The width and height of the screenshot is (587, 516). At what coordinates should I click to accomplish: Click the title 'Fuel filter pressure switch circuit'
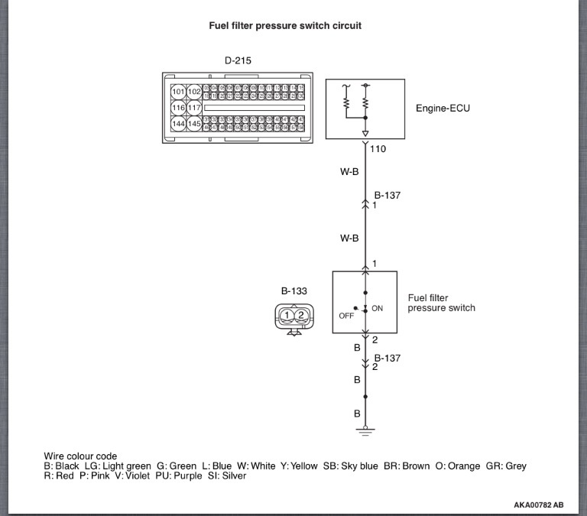tap(285, 25)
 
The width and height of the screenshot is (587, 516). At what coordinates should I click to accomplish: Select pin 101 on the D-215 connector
tap(178, 92)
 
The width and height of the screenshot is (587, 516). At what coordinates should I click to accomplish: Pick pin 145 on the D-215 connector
tap(194, 123)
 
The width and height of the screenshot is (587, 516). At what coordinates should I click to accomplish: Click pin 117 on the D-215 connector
tap(194, 108)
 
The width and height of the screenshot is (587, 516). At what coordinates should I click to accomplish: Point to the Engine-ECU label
tap(443, 108)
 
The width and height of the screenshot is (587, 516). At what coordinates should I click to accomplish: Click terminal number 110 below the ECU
tap(378, 149)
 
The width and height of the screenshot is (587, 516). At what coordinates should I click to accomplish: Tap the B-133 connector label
tap(293, 291)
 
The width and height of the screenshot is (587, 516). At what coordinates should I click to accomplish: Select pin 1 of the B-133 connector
tap(286, 315)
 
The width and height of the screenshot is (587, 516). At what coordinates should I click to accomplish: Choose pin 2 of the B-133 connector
tap(301, 315)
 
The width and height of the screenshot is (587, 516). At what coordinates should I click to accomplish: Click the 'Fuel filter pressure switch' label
tap(441, 303)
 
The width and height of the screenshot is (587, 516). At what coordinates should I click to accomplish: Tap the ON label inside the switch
tap(377, 308)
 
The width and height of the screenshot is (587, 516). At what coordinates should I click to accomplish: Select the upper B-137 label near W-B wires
tap(387, 196)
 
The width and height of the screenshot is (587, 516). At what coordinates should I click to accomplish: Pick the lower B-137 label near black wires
tap(387, 357)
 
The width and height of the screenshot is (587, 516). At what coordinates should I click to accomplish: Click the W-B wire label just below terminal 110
tap(349, 172)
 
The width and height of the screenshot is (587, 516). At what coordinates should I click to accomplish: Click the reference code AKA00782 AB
tap(538, 505)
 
